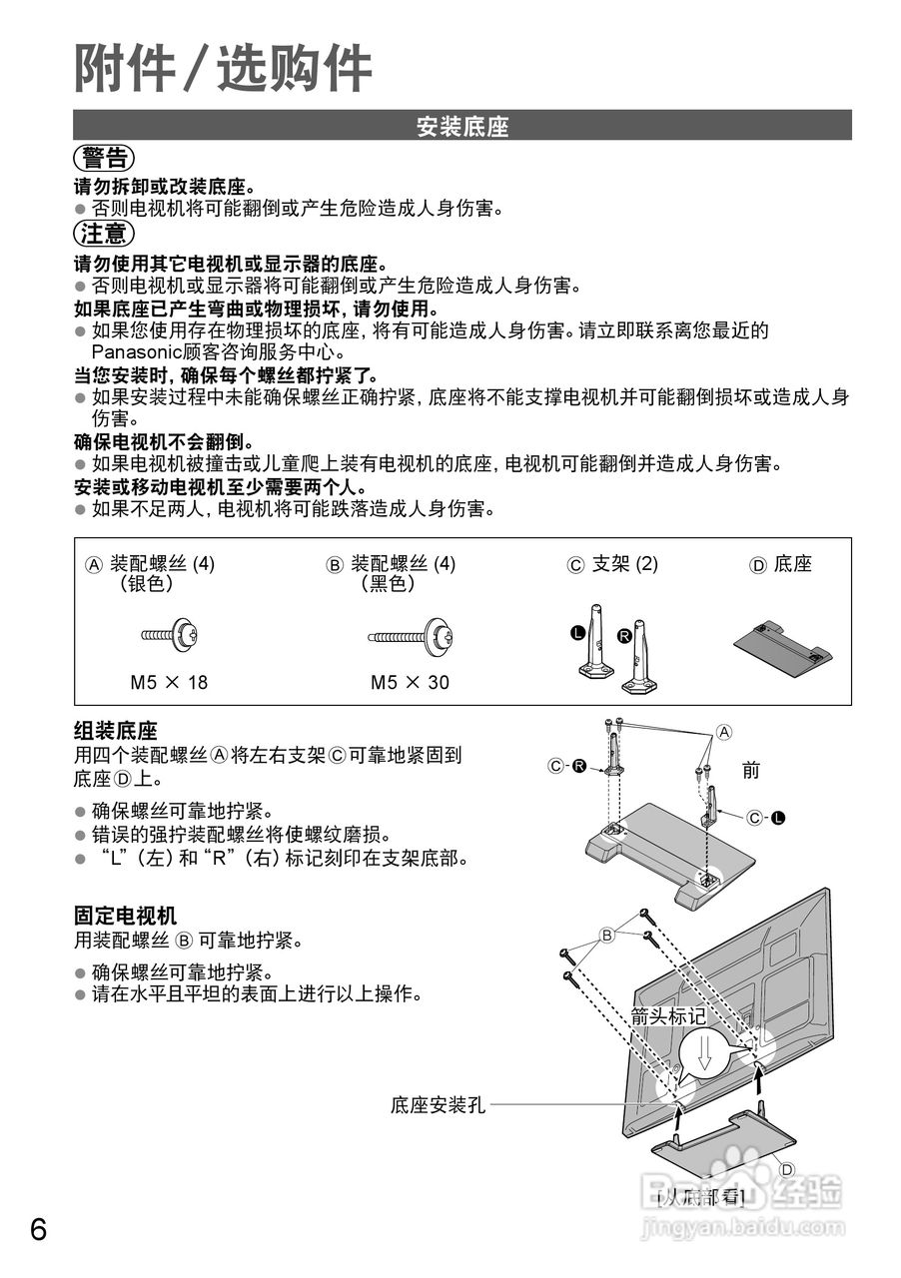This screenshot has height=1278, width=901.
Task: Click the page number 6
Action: pyautogui.click(x=38, y=1229)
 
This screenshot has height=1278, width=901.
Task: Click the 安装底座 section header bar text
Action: pyautogui.click(x=462, y=127)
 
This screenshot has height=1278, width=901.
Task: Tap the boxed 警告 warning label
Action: pyautogui.click(x=104, y=158)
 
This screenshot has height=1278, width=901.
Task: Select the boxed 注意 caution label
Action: pyautogui.click(x=104, y=235)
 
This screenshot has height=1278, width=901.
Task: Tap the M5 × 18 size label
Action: pyautogui.click(x=169, y=683)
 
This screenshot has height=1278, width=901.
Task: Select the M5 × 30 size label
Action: pyautogui.click(x=410, y=683)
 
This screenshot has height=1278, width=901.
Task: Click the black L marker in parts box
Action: pyautogui.click(x=577, y=633)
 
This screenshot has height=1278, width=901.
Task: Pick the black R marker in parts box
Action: pyautogui.click(x=624, y=635)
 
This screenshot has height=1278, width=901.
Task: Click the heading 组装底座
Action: pyautogui.click(x=116, y=731)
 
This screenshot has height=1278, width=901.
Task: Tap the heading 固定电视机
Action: pyautogui.click(x=125, y=916)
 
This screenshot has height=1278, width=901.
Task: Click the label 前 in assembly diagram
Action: pyautogui.click(x=751, y=770)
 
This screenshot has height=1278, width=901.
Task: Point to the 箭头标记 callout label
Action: pyautogui.click(x=668, y=1017)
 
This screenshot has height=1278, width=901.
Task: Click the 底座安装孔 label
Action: pyautogui.click(x=438, y=1105)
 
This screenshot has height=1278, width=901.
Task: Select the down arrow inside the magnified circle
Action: pyautogui.click(x=705, y=1054)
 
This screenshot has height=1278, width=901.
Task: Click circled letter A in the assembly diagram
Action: pyautogui.click(x=725, y=732)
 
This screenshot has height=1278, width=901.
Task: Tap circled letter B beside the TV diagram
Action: pyautogui.click(x=605, y=936)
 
